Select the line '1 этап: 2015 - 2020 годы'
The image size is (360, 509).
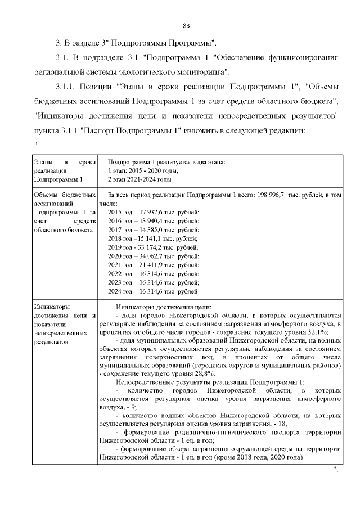(x=143, y=170)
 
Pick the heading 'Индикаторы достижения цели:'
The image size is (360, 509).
(x=163, y=307)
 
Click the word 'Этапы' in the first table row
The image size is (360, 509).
(x=43, y=162)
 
